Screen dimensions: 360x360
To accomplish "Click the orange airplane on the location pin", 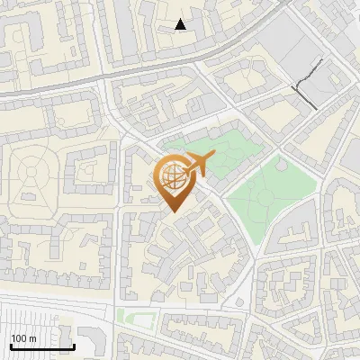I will coord(199,165).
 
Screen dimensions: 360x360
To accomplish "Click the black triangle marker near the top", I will coord(181,24).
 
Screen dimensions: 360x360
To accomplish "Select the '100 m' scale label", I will coord(22,338).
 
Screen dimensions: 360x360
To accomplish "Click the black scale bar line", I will coord(41,346).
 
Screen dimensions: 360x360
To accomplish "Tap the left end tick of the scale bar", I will coord(10,345).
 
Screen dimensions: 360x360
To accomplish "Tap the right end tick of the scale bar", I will coord(74,345).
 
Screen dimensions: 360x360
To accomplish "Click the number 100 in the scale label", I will coord(18,338).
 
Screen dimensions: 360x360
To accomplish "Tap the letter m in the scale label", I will coord(31,339).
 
